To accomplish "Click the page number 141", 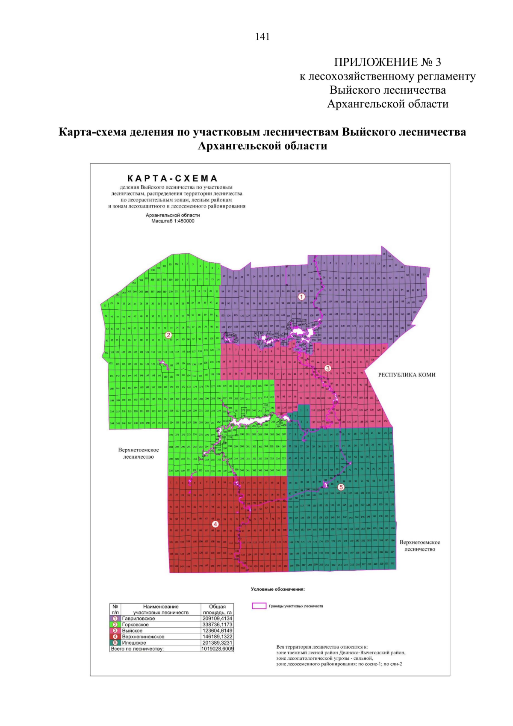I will [262, 37].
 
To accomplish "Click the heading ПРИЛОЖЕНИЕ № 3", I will [387, 62].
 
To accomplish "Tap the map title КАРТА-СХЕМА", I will [172, 178].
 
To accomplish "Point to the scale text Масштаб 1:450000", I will [173, 221].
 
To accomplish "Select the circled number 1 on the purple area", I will [301, 296].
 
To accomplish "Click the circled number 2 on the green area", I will [168, 335].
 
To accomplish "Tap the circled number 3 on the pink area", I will [328, 368].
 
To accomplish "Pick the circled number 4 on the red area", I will [215, 524].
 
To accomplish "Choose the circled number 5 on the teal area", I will [341, 487].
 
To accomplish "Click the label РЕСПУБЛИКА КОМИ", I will [407, 375].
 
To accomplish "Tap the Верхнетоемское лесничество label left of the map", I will [139, 453].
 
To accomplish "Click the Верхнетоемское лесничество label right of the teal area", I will [420, 545].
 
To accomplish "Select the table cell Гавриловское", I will [139, 619].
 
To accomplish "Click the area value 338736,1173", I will [217, 625].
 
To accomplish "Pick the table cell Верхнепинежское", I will [143, 637].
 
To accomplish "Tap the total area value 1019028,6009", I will [217, 649].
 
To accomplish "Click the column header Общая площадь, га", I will [217, 609].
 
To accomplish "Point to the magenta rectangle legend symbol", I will [259, 606].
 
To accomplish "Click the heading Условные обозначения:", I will [277, 589].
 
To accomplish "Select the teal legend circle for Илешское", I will [115, 643].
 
